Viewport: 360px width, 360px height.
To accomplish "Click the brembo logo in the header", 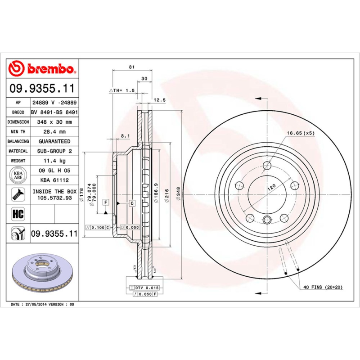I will [x=43, y=69].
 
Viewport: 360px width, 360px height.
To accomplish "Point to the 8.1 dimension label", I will [x=125, y=136].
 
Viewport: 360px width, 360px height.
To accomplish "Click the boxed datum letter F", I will [x=105, y=202].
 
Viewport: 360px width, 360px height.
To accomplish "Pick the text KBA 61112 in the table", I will [x=54, y=180].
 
